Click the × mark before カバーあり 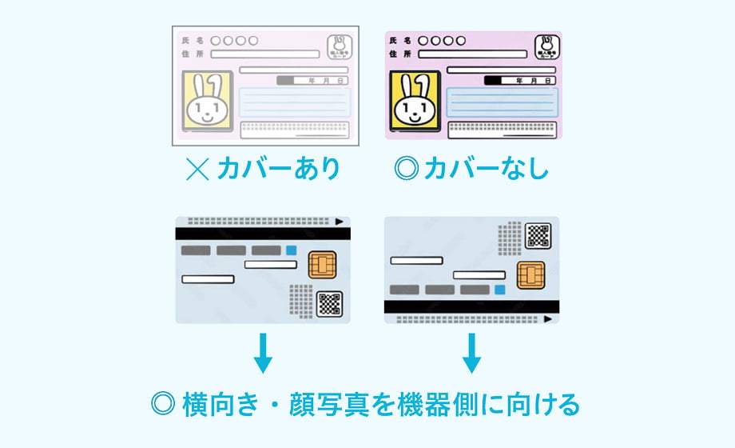(x=196, y=169)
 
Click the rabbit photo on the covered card (x=208, y=101)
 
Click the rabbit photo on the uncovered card (x=414, y=101)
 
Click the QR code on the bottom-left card (x=329, y=303)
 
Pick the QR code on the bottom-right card (x=538, y=235)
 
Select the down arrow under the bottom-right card (x=471, y=353)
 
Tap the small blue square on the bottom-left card (x=291, y=250)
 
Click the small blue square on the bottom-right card (x=500, y=290)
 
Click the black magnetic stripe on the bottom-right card (x=471, y=306)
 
